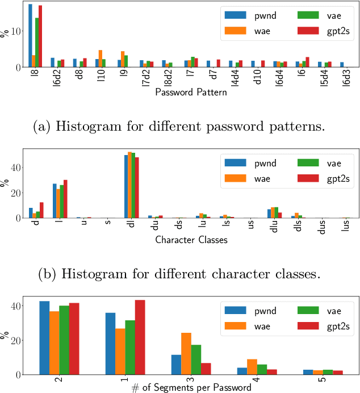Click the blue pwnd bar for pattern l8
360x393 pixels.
pyautogui.click(x=30, y=36)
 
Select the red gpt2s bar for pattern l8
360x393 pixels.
pyautogui.click(x=40, y=36)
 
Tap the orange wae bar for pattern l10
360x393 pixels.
pyautogui.click(x=101, y=58)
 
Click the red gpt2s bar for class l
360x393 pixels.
pyautogui.click(x=65, y=199)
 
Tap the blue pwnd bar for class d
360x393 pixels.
pyautogui.click(x=31, y=213)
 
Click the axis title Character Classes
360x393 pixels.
pyautogui.click(x=191, y=240)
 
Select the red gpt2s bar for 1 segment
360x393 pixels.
pyautogui.click(x=140, y=337)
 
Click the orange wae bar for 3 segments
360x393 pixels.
pyautogui.click(x=186, y=354)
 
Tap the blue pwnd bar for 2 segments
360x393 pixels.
pyautogui.click(x=44, y=338)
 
